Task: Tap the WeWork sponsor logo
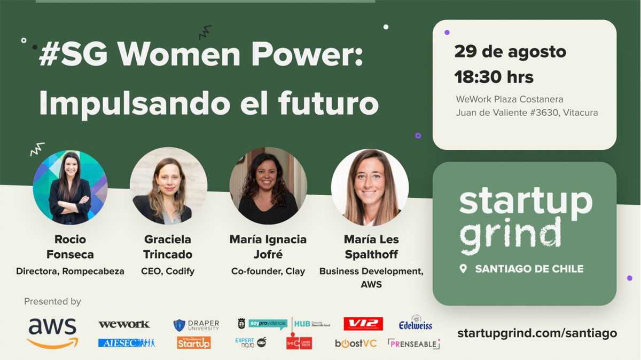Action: [x=124, y=324]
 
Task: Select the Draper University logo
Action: [x=196, y=325]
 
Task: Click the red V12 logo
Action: [x=363, y=324]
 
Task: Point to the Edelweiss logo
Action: [x=416, y=323]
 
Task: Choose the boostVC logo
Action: [x=356, y=343]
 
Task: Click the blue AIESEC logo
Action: [x=127, y=343]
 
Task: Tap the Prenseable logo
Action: [x=414, y=344]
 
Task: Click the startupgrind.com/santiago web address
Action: [x=537, y=333]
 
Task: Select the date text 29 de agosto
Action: [x=510, y=52]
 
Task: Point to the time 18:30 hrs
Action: [x=494, y=77]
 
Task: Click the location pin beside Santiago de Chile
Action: [x=463, y=269]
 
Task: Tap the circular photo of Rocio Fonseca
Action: [x=70, y=187]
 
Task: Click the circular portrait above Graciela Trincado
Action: [x=168, y=186]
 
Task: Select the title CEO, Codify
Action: [x=168, y=271]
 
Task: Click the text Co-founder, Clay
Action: [x=268, y=271]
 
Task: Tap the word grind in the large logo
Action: [x=510, y=235]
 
